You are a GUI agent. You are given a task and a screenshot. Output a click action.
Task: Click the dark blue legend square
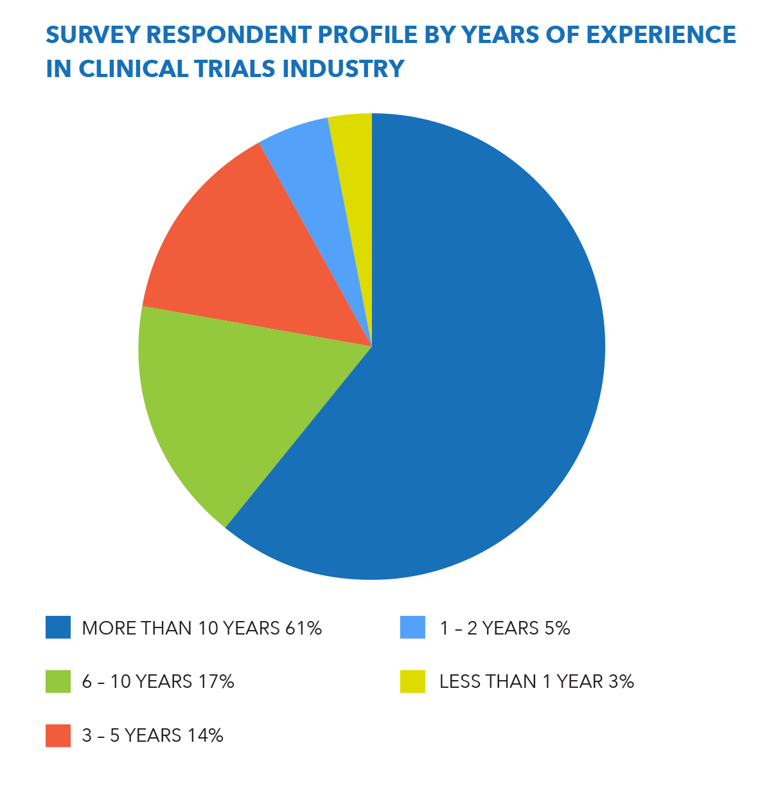click(58, 627)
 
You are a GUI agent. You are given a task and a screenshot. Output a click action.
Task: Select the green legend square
click(58, 681)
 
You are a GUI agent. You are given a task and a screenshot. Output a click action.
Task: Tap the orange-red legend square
click(58, 735)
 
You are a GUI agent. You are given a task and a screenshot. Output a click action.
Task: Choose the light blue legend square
click(412, 627)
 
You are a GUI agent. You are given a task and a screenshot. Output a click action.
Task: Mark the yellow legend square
click(412, 681)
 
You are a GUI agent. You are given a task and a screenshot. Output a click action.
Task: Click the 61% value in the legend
click(303, 627)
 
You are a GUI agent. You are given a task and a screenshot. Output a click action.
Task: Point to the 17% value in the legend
click(216, 681)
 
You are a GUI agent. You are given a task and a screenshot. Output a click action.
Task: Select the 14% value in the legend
click(205, 735)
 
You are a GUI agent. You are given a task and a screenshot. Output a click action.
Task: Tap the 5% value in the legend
click(557, 627)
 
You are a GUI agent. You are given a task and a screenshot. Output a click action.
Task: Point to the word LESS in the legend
click(459, 681)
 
